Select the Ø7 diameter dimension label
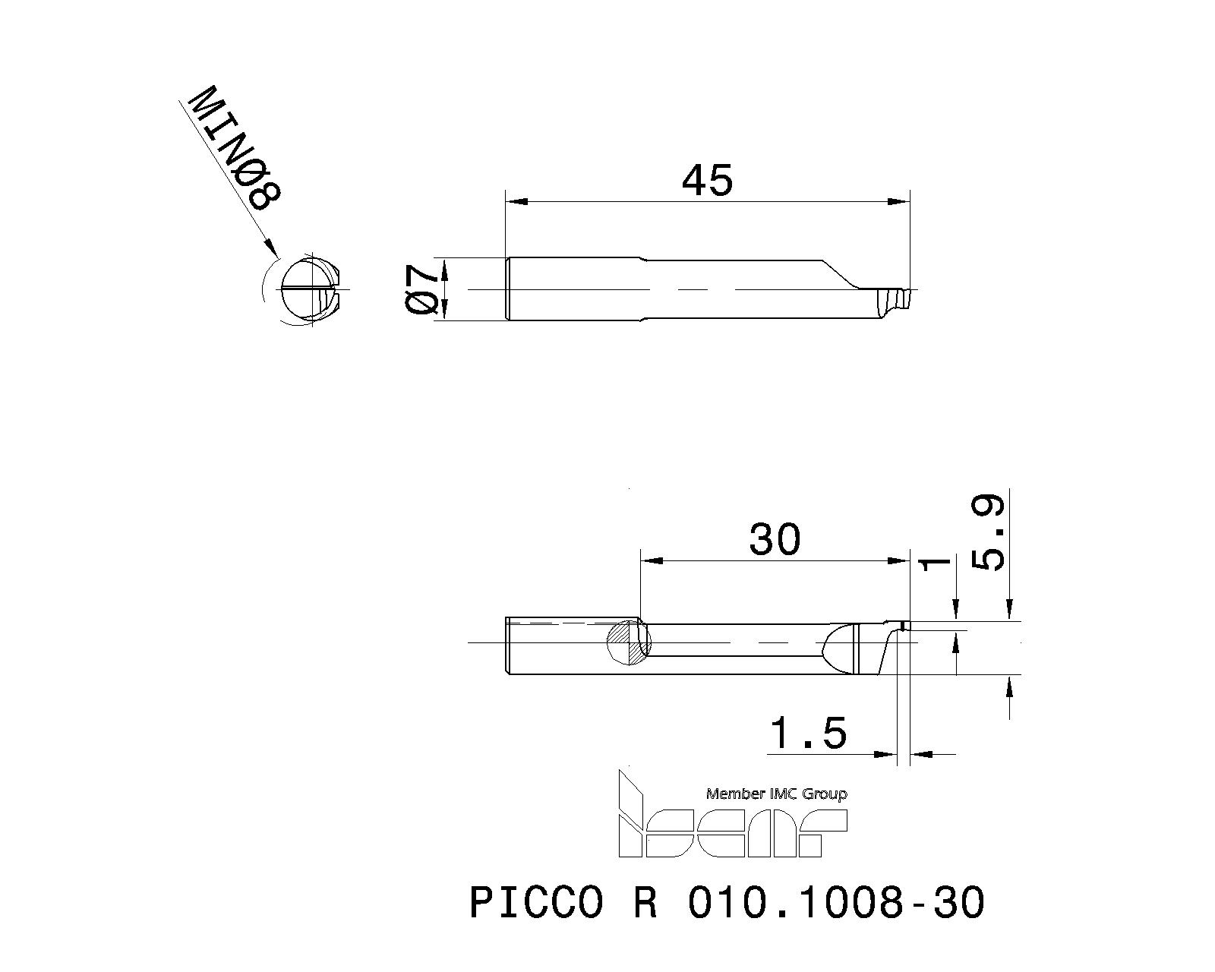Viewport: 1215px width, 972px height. point(422,289)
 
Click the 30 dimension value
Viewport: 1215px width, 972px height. point(775,540)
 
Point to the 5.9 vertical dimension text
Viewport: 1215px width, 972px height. point(989,533)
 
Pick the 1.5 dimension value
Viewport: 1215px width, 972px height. point(808,734)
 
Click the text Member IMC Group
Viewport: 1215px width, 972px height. point(776,794)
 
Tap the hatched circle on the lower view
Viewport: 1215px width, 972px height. point(630,642)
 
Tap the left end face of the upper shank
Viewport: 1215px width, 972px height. point(507,289)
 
